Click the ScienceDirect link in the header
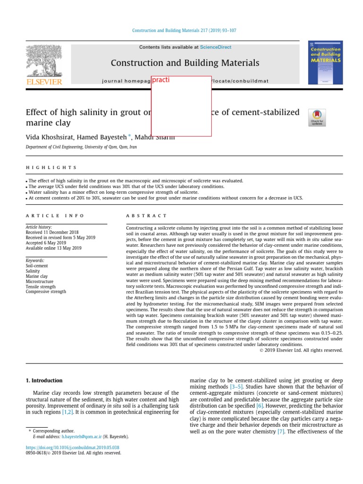coord(216,47)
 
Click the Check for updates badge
coord(317,117)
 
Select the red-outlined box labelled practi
coord(181,106)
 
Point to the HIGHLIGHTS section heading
coord(51,168)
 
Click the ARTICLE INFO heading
coord(55,216)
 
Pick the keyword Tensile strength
coord(41,286)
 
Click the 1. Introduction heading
coord(44,380)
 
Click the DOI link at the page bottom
coord(72,447)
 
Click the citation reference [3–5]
coord(236,387)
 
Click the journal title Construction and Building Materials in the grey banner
coord(185,63)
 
